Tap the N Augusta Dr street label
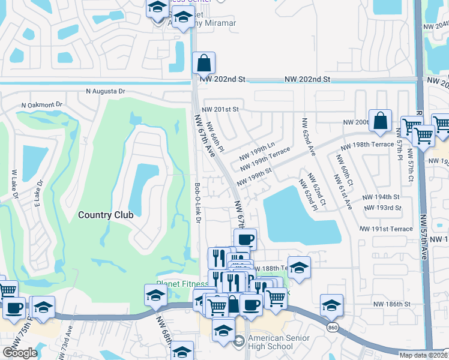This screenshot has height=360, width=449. pyautogui.click(x=105, y=91)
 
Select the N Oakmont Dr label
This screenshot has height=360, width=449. pyautogui.click(x=41, y=104)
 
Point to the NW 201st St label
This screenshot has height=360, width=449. pyautogui.click(x=220, y=109)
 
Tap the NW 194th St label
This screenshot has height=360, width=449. pyautogui.click(x=381, y=197)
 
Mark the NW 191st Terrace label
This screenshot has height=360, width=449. pyautogui.click(x=386, y=229)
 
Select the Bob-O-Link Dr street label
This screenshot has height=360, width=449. pyautogui.click(x=197, y=203)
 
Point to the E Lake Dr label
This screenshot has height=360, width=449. pyautogui.click(x=39, y=195)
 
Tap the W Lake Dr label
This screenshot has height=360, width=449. pyautogui.click(x=14, y=184)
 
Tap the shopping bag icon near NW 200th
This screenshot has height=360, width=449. pyautogui.click(x=381, y=121)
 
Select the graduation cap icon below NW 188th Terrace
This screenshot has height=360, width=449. pyautogui.click(x=300, y=268)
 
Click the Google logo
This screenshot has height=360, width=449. pyautogui.click(x=20, y=353)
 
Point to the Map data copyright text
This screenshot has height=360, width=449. pyautogui.click(x=424, y=355)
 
